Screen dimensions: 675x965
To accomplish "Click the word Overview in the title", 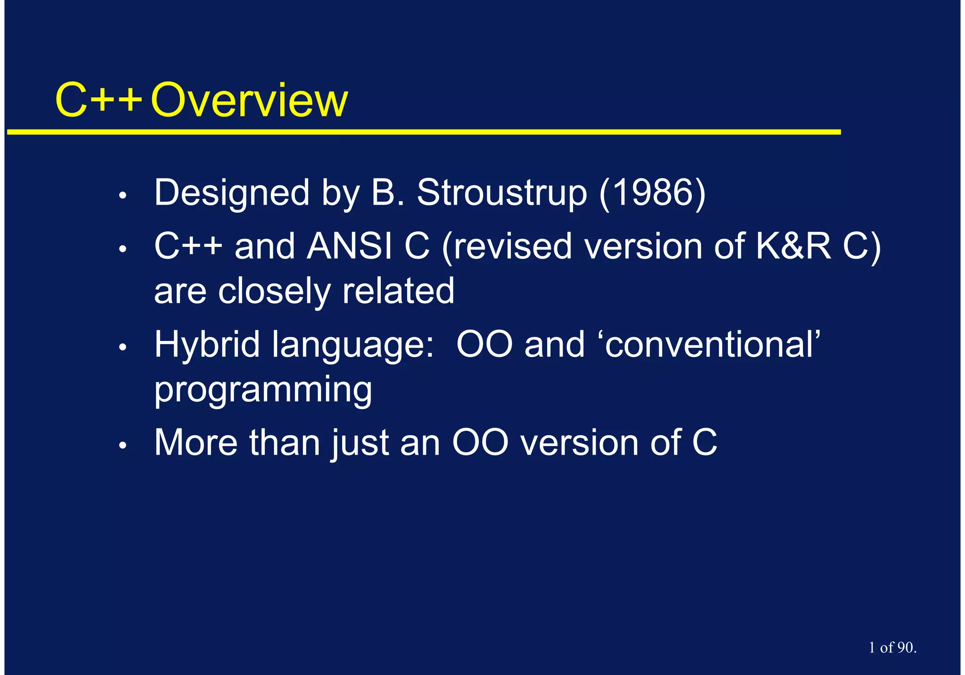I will pos(249,100).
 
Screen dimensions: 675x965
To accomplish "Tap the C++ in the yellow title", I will pos(98,100).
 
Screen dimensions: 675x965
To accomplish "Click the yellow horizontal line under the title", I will pos(424,132).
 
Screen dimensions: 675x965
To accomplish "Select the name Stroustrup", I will pos(502,193).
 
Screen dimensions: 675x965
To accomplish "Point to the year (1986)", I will pos(653,193).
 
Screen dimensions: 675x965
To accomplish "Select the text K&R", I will pos(793,247).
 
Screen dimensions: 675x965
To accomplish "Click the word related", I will pos(398,291).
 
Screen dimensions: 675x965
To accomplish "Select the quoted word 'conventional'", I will pos(712,344).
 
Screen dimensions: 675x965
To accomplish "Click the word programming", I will pos(263,390).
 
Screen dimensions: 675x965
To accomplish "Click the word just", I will pos(360,443).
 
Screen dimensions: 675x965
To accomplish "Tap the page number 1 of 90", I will pos(892,648).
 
